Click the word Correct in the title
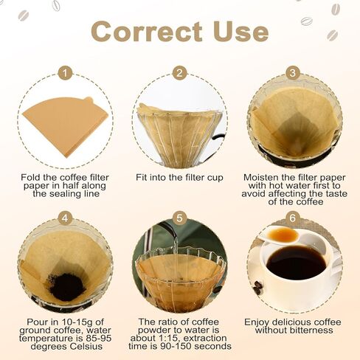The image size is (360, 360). click(x=147, y=32)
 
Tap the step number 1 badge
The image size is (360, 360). click(x=65, y=73)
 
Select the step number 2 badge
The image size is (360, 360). click(x=179, y=73)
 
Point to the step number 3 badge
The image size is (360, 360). click(x=292, y=73)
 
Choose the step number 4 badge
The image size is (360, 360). click(x=65, y=218)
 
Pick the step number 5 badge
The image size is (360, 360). click(x=179, y=218)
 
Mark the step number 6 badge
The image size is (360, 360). click(x=292, y=218)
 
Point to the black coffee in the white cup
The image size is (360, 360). click(x=296, y=263)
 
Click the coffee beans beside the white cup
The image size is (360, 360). click(x=257, y=288)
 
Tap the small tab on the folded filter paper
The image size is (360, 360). click(x=89, y=100)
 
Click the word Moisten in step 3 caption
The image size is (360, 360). click(x=260, y=178)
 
